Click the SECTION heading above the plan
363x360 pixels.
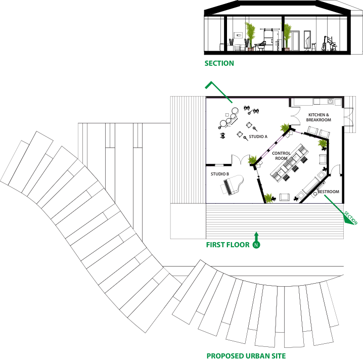(219, 63)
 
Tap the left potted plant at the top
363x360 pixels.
(250, 35)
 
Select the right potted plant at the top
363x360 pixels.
(287, 35)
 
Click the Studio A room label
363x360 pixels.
(258, 137)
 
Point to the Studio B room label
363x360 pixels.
(220, 174)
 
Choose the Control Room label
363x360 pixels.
(281, 156)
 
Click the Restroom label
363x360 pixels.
(328, 192)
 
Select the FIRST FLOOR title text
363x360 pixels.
(228, 245)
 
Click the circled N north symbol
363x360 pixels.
(256, 245)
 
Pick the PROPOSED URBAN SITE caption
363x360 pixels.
(246, 355)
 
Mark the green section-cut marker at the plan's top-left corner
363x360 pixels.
(217, 91)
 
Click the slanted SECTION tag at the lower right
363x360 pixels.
(350, 217)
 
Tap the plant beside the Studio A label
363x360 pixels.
(285, 128)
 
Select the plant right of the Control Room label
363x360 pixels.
(323, 143)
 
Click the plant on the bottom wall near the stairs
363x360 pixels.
(268, 198)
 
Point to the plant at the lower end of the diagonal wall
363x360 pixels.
(252, 160)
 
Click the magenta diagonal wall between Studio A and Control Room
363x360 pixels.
(273, 147)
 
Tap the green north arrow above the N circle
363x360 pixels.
(256, 236)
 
